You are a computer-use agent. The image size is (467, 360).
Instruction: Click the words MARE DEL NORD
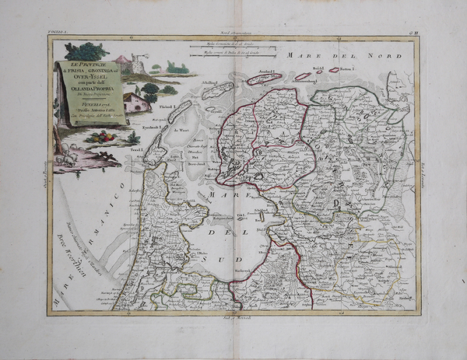pos(343,55)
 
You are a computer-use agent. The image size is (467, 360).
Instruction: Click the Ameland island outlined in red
pos(265,78)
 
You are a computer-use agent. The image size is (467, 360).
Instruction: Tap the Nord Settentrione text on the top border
pos(233,36)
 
